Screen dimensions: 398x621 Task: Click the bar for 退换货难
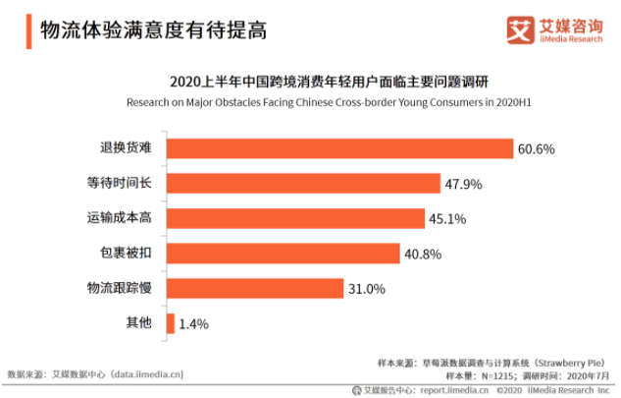(x=339, y=148)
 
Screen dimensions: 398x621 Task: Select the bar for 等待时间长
(x=303, y=184)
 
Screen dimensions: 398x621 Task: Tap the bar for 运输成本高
(x=295, y=218)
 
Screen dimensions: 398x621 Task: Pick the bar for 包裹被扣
(x=283, y=254)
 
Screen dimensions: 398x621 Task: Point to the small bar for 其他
(x=171, y=323)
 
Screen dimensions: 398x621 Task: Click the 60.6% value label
(x=537, y=149)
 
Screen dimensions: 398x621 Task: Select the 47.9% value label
(x=463, y=184)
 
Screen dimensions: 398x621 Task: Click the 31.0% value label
(x=367, y=289)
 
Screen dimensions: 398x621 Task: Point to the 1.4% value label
(x=194, y=323)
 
